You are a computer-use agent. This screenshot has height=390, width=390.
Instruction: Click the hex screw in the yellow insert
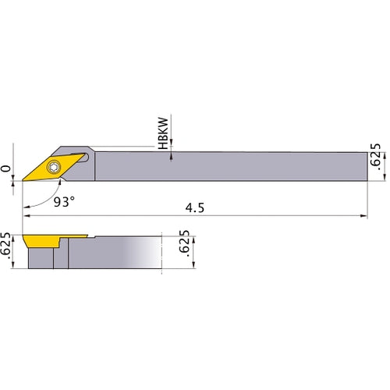pyautogui.click(x=54, y=167)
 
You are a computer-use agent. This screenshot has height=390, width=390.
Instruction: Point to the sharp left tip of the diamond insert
pyautogui.click(x=23, y=178)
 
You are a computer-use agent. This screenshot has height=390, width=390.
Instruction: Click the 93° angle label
pyautogui.click(x=64, y=201)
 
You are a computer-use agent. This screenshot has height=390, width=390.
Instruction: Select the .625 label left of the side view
pyautogui.click(x=7, y=249)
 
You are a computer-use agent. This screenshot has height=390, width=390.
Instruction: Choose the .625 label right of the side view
pyautogui.click(x=186, y=248)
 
